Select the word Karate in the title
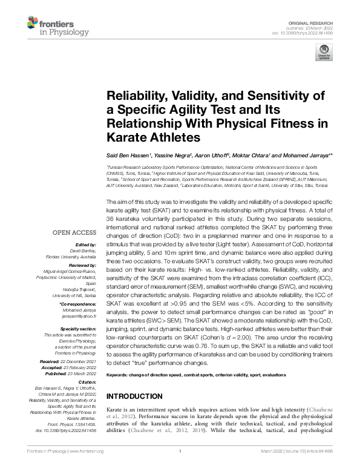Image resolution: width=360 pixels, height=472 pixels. (x=128, y=137)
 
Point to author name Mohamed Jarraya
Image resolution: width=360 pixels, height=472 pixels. (x=308, y=156)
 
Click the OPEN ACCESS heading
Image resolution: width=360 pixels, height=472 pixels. (x=76, y=232)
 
